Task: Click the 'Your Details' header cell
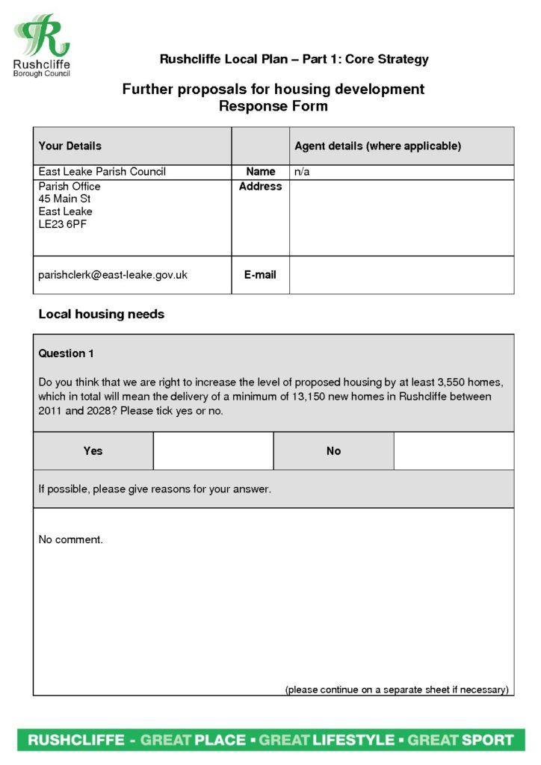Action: [x=69, y=146]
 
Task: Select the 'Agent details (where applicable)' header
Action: [x=377, y=146]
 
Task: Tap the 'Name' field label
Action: [x=260, y=172]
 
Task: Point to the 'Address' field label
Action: [x=260, y=187]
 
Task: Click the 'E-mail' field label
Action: [x=260, y=275]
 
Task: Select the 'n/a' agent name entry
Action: [x=302, y=172]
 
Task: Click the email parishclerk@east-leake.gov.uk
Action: [x=113, y=275]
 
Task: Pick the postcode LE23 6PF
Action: [x=63, y=224]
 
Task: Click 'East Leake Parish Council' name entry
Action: [x=102, y=172]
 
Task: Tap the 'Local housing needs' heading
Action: [x=101, y=315]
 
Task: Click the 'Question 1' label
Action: [x=67, y=353]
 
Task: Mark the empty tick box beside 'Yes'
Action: [x=213, y=451]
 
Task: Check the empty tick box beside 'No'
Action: [x=454, y=451]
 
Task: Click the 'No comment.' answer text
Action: [x=70, y=539]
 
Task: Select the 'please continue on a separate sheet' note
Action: [x=397, y=690]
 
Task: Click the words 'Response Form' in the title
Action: [x=273, y=106]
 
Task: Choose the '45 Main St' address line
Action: [x=64, y=199]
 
